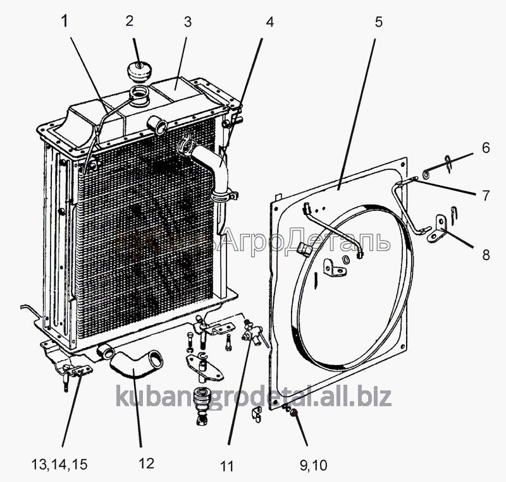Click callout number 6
pyautogui.click(x=486, y=148)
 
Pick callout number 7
pyautogui.click(x=486, y=196)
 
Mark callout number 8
pyautogui.click(x=486, y=256)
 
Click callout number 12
pyautogui.click(x=145, y=464)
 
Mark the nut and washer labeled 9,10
pyautogui.click(x=292, y=412)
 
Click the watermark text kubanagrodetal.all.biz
pyautogui.click(x=254, y=397)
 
